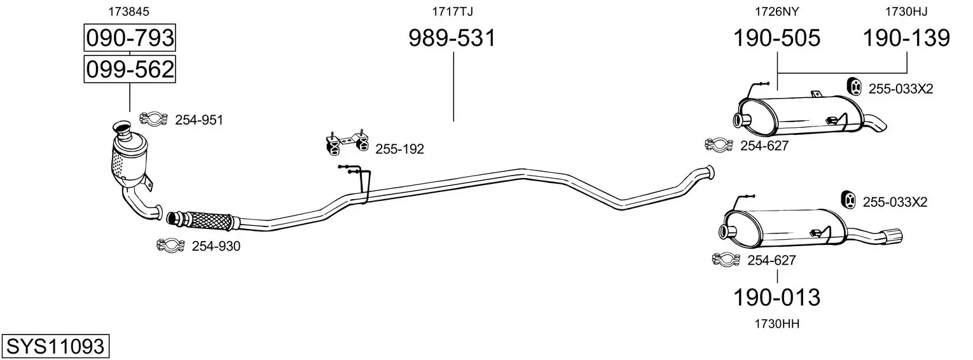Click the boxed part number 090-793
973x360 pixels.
tap(130, 38)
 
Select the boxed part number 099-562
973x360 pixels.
tap(130, 69)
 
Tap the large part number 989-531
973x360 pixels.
tap(452, 38)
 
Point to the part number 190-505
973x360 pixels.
tap(776, 38)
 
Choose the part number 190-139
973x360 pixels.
tap(906, 38)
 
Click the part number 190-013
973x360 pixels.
tap(776, 298)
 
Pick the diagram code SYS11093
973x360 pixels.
tap(55, 347)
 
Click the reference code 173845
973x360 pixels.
tap(128, 11)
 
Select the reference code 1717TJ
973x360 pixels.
tap(452, 11)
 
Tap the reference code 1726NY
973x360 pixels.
tap(776, 11)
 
